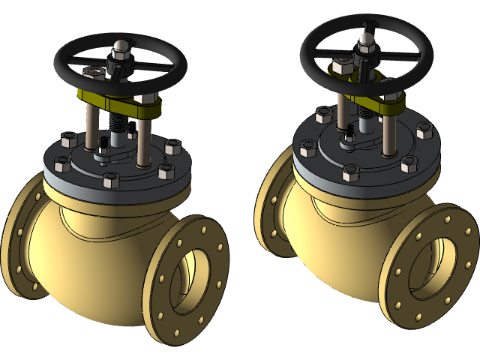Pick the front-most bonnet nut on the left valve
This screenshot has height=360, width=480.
pos(109,181)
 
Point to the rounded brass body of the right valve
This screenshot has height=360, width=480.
pos(337,240)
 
